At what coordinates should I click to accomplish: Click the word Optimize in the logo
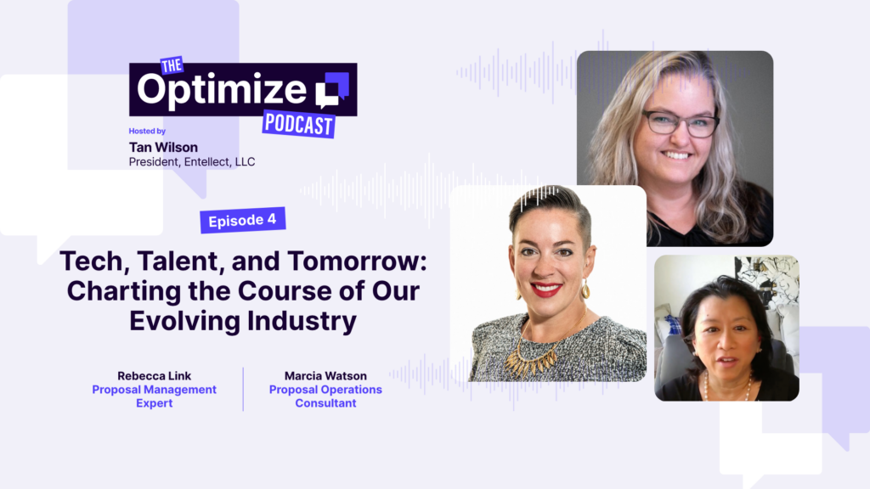(x=222, y=89)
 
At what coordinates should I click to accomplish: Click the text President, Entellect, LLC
(x=192, y=162)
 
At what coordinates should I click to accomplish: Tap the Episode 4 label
(x=242, y=220)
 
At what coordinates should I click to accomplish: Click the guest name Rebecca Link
(x=154, y=375)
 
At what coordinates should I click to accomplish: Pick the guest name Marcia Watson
(x=325, y=375)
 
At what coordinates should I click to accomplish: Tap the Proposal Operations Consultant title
(x=325, y=396)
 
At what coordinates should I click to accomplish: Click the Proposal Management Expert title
(x=154, y=396)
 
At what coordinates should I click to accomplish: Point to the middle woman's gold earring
(x=585, y=289)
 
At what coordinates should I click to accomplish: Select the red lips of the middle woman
(x=545, y=289)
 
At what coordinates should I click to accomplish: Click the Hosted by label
(x=147, y=132)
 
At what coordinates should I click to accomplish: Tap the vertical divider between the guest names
(x=243, y=389)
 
